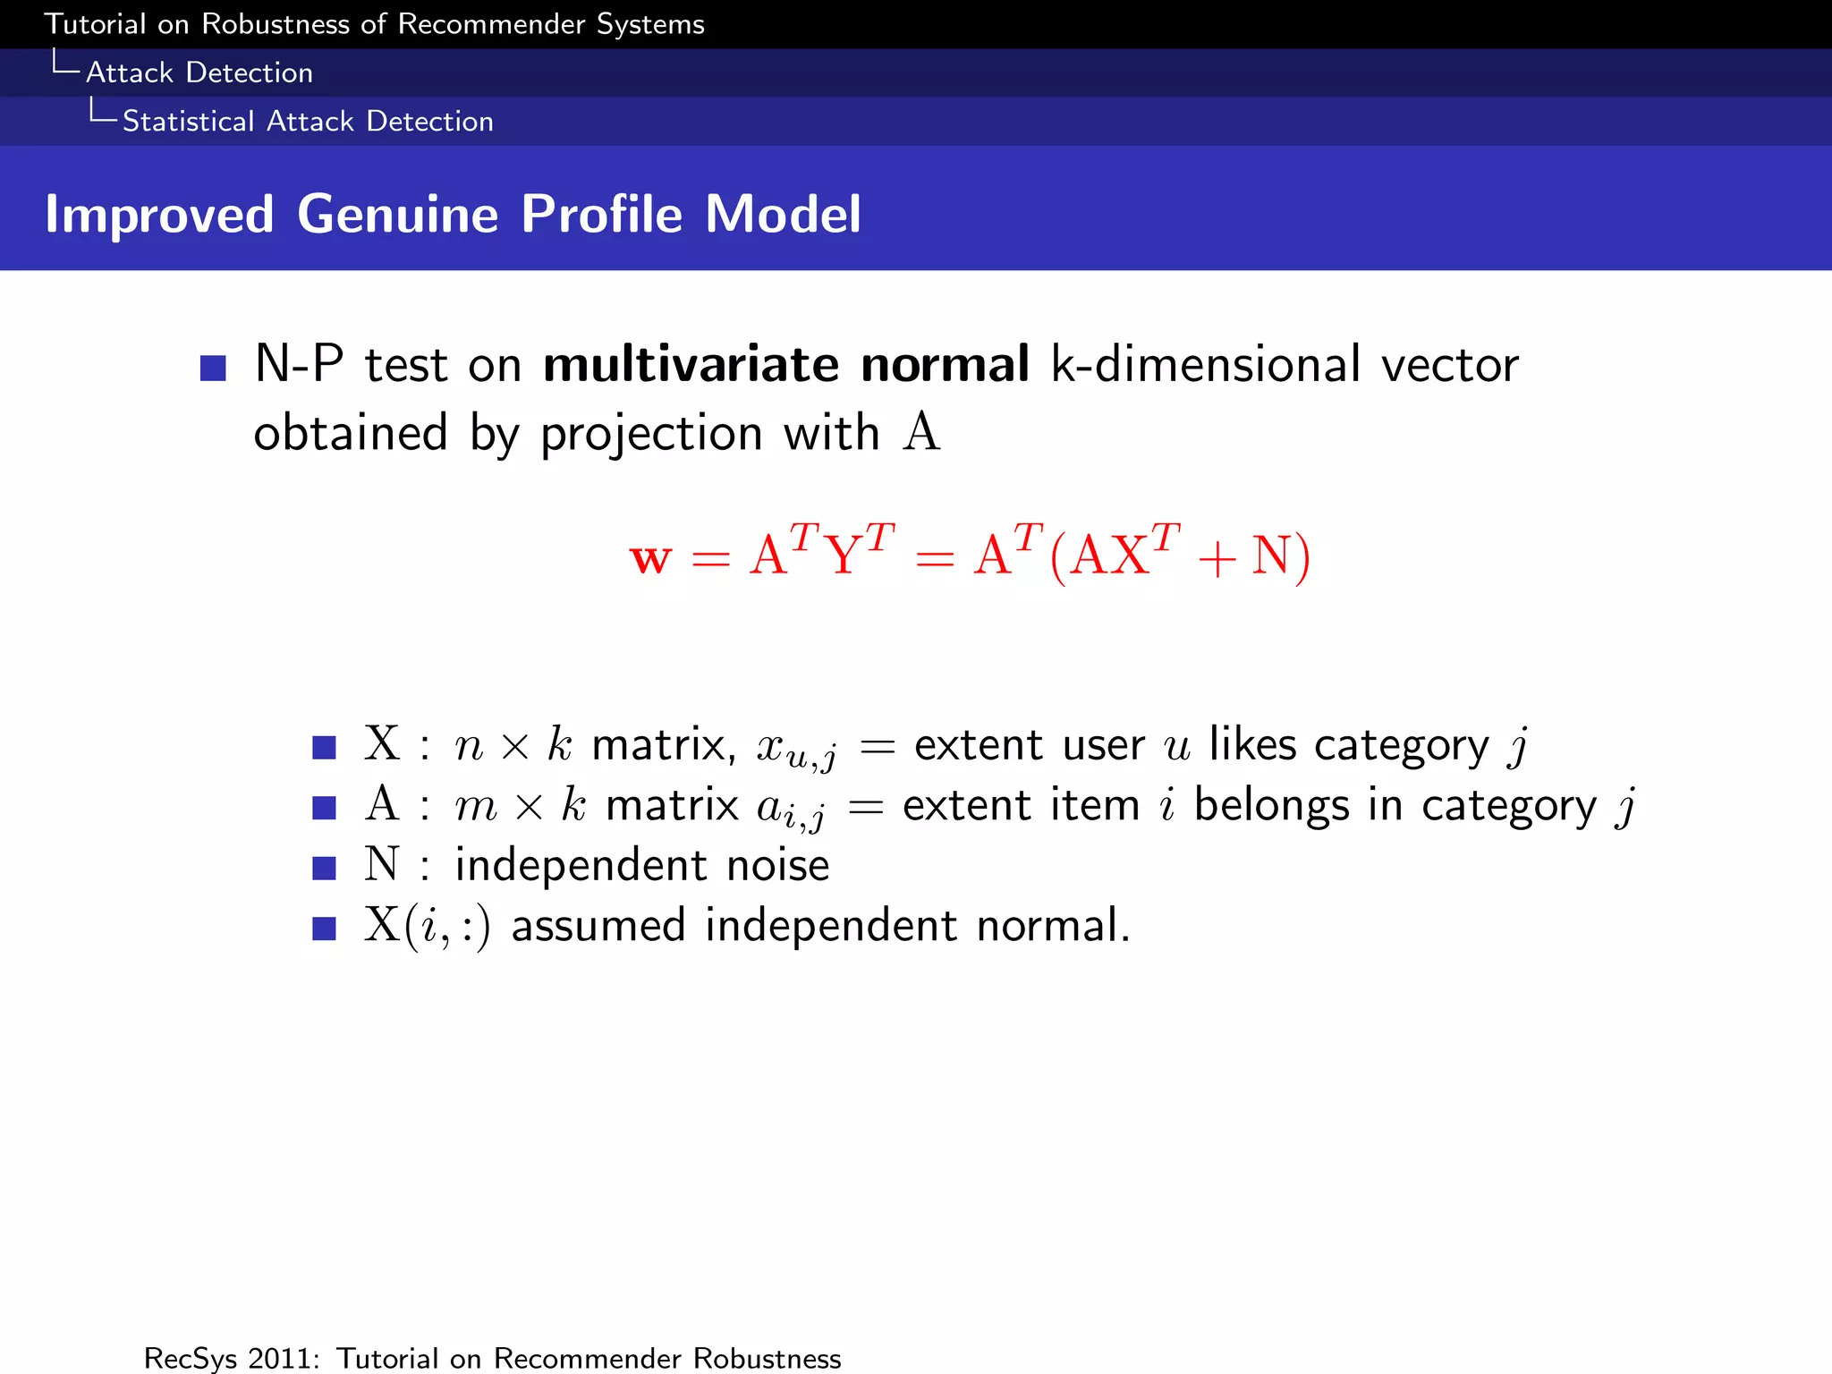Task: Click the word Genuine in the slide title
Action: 397,215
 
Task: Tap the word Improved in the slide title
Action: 159,215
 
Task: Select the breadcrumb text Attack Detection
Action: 199,72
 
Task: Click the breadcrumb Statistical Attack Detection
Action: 308,121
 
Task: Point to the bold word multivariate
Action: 691,365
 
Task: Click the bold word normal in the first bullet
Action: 945,365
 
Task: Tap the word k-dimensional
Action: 1206,365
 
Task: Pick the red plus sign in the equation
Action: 1217,559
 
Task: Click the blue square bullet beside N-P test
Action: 213,368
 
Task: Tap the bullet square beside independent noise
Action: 324,868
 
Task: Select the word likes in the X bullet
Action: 1252,744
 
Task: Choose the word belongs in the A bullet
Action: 1271,805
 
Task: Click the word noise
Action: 777,866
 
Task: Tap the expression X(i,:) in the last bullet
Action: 427,926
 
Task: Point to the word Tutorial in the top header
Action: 95,24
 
